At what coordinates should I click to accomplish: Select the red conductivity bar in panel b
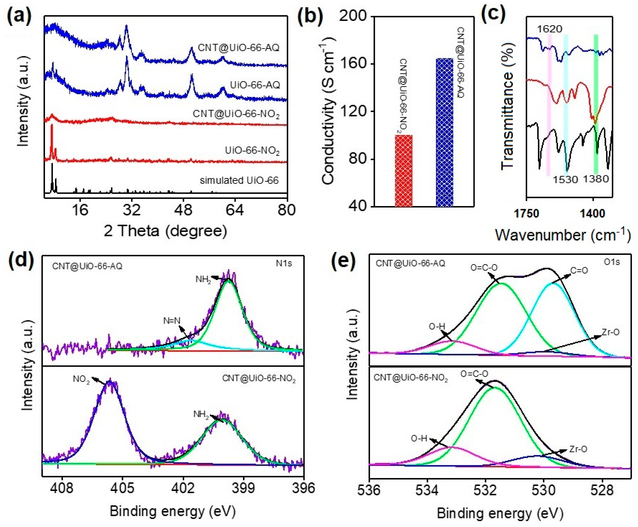coord(404,171)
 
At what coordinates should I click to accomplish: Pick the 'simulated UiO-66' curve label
coord(239,181)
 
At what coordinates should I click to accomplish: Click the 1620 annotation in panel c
coord(549,29)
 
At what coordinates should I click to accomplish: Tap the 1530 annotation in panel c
coord(565,180)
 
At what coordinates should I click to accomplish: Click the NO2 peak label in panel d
coord(81,380)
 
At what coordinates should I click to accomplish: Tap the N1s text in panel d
coord(284,263)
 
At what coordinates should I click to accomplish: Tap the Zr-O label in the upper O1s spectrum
coord(610,332)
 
